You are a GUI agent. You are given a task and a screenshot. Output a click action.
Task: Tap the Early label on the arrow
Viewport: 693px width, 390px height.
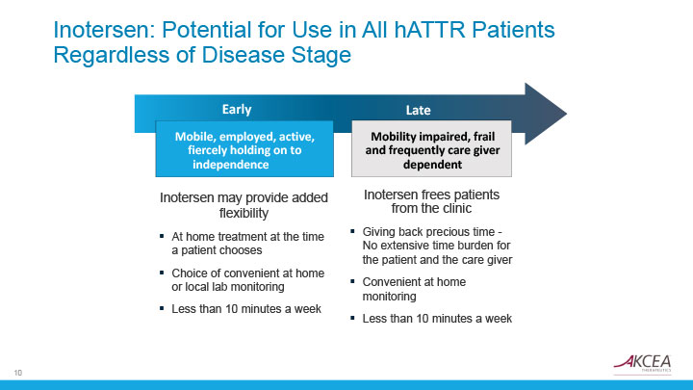tap(237, 109)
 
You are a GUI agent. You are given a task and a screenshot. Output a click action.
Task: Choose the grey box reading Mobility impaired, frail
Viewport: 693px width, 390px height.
tap(432, 149)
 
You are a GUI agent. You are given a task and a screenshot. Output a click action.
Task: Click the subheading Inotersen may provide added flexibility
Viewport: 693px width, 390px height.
tap(244, 205)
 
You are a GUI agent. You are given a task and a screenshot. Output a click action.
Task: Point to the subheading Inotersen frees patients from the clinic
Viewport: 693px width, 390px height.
tap(431, 201)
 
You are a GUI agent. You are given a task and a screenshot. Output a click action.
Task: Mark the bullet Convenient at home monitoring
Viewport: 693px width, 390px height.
tap(414, 289)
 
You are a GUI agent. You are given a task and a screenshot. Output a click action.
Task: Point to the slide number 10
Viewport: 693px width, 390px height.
tap(18, 372)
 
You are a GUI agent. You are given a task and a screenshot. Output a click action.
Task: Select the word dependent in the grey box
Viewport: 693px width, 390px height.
tap(432, 165)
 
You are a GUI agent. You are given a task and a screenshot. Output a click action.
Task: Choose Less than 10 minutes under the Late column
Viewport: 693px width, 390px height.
tap(437, 318)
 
